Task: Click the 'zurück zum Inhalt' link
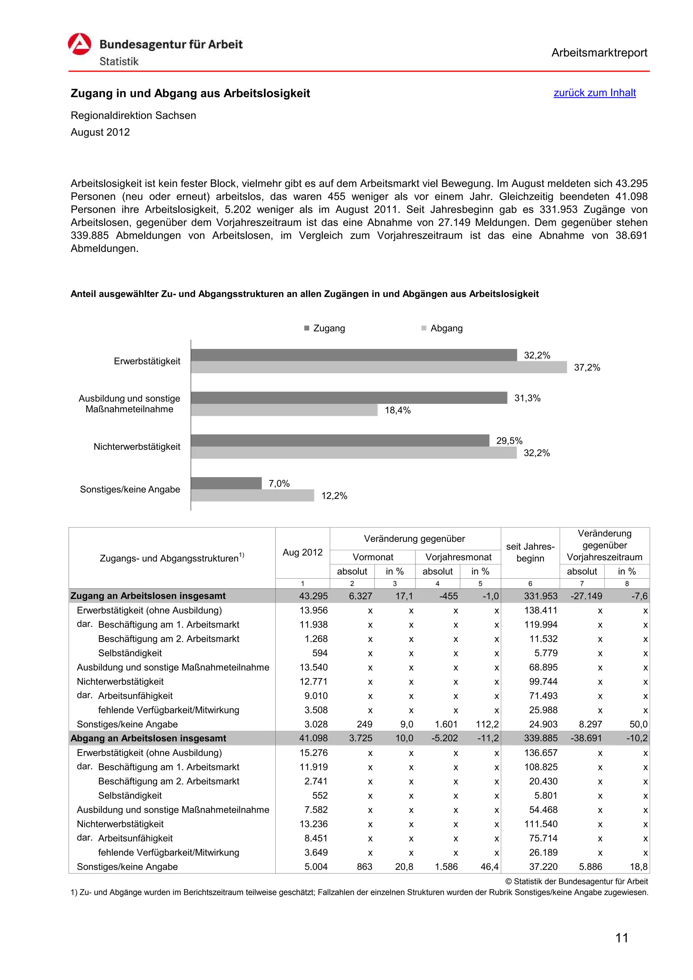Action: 595,93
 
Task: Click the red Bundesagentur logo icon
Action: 80,44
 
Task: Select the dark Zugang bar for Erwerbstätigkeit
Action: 354,355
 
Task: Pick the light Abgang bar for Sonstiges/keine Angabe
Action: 252,495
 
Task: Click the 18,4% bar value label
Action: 398,410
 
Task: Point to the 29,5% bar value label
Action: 509,441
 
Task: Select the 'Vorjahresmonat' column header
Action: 458,557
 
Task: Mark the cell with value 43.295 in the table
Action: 313,596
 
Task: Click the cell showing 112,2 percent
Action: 487,724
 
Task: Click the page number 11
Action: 622,938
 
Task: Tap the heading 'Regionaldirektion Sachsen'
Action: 133,115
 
